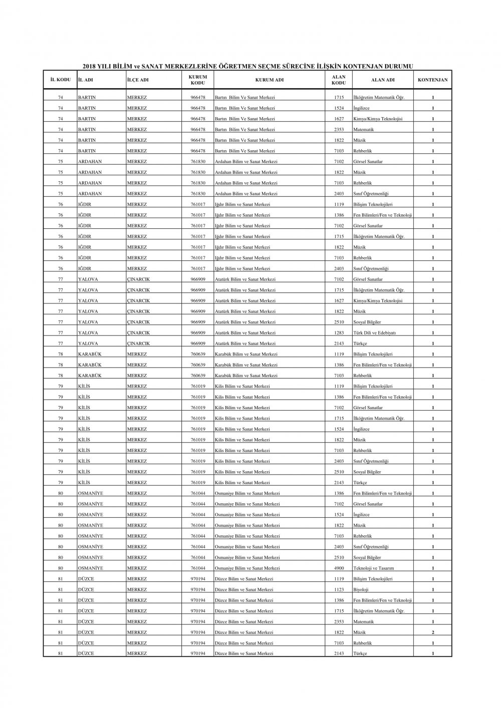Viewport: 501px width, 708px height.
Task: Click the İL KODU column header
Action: pyautogui.click(x=60, y=80)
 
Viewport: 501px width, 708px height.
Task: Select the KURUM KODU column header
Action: pyautogui.click(x=198, y=80)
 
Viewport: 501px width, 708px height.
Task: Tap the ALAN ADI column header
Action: pyautogui.click(x=383, y=80)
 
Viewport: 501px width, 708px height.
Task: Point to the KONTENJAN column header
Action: pyautogui.click(x=433, y=80)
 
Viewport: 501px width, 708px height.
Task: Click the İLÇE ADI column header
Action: pyautogui.click(x=138, y=80)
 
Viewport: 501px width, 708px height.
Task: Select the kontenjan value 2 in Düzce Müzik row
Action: pyautogui.click(x=433, y=632)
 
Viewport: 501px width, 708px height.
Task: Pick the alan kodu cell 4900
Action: pyautogui.click(x=339, y=568)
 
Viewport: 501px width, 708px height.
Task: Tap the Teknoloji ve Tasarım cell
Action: pyautogui.click(x=374, y=568)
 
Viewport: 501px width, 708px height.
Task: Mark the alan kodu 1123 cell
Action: pyautogui.click(x=339, y=590)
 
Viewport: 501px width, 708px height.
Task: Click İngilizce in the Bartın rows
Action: pyautogui.click(x=362, y=108)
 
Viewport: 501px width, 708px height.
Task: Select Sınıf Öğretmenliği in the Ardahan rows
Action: pyautogui.click(x=371, y=194)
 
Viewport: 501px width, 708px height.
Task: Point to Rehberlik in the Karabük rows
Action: pyautogui.click(x=363, y=376)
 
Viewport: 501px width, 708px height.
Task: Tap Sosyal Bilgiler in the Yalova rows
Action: pyautogui.click(x=367, y=322)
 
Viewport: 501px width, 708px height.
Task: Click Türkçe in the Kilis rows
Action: pyautogui.click(x=360, y=483)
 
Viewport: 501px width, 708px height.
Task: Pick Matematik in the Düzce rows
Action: pyautogui.click(x=364, y=622)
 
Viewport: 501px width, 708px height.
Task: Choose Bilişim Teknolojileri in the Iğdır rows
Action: pyautogui.click(x=373, y=204)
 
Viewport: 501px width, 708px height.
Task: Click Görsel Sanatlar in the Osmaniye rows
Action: pyautogui.click(x=368, y=504)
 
